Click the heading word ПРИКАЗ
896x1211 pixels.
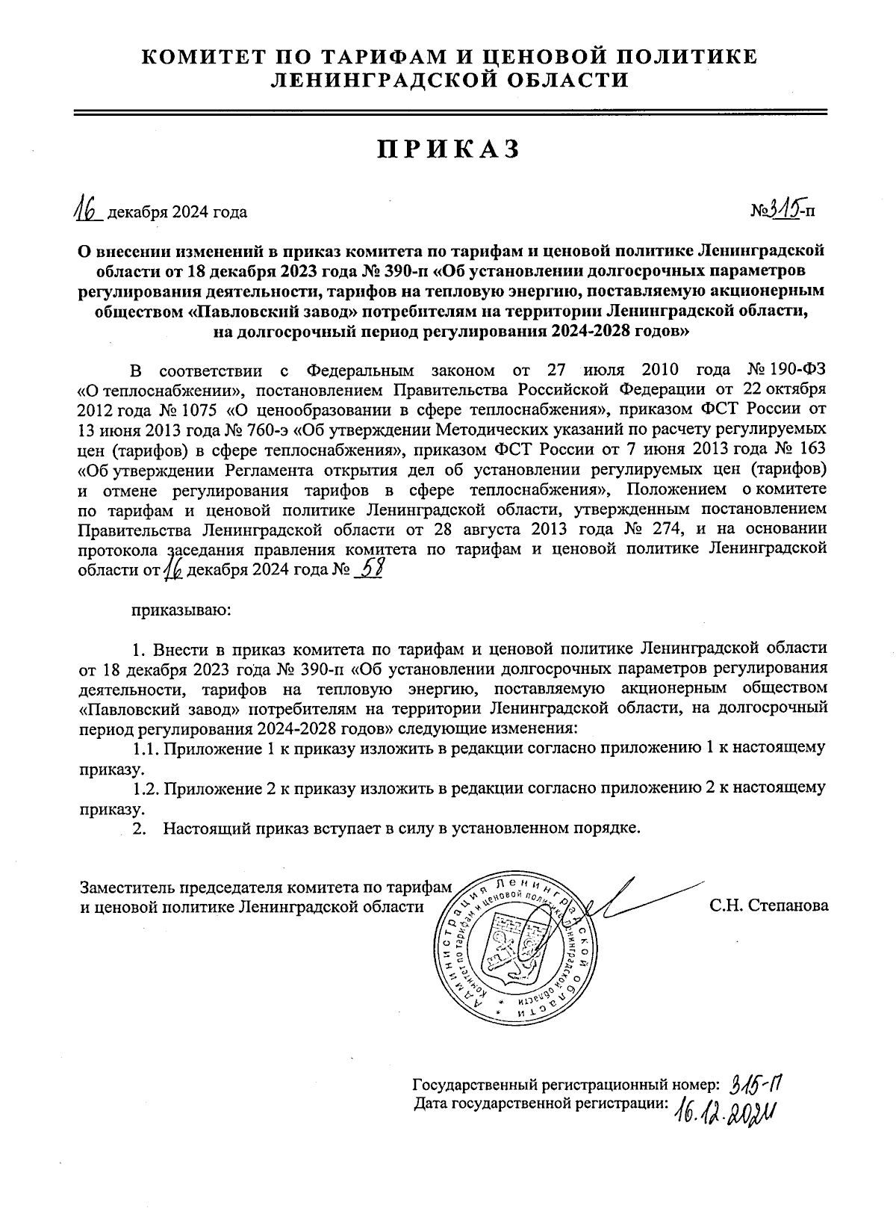coord(447,149)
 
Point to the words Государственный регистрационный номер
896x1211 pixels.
coord(565,1085)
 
